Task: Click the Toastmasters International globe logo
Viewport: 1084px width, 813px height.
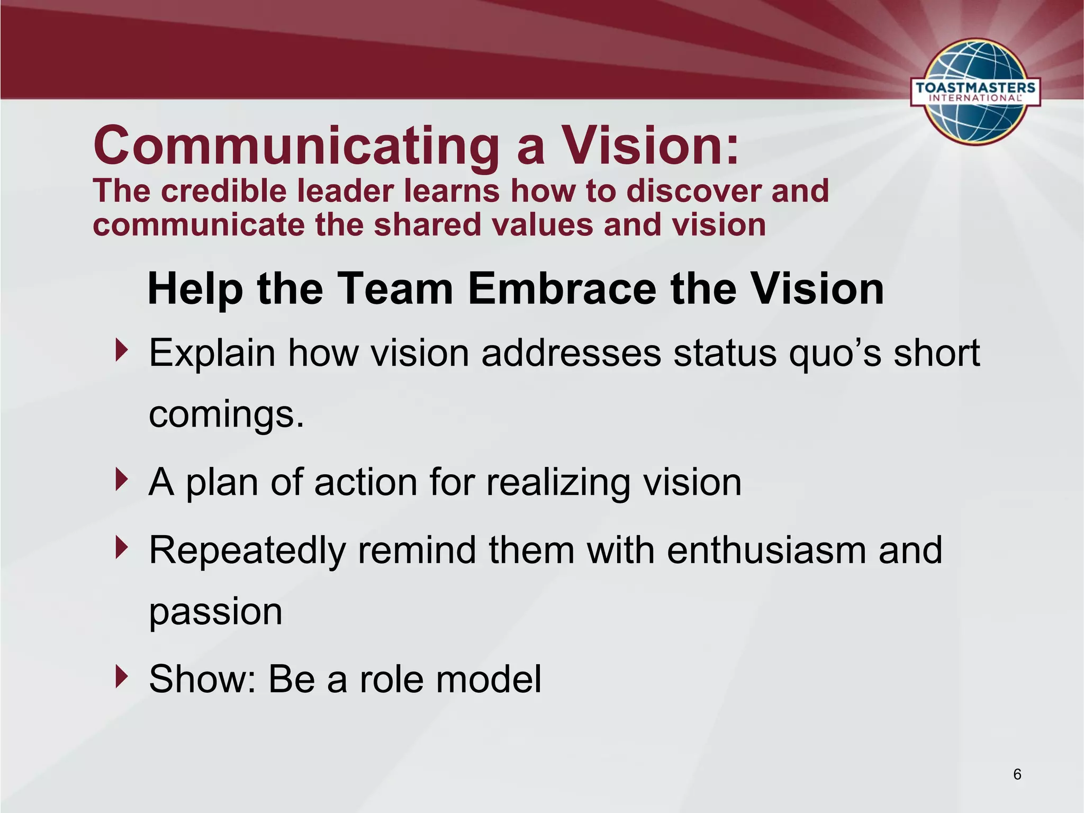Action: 975,91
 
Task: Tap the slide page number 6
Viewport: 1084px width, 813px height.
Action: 1017,774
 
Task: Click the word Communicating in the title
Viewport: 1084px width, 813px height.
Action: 296,146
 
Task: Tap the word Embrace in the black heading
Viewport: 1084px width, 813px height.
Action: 562,289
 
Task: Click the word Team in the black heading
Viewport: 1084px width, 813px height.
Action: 395,289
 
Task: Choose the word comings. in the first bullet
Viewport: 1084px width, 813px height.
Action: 227,415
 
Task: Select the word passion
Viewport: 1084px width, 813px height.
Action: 215,612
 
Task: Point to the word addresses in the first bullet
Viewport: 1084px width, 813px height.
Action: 571,353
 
